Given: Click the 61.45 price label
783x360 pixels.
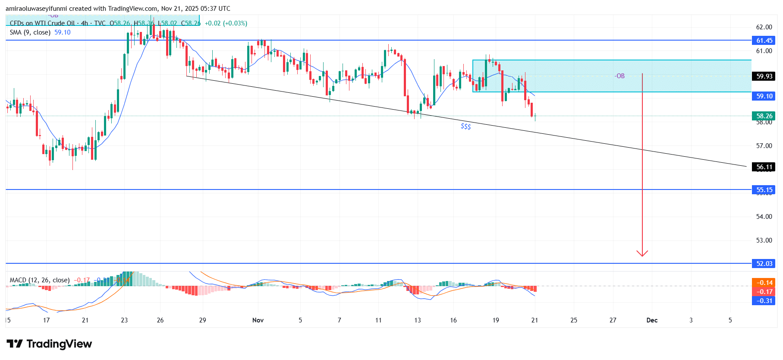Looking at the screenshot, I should click(x=764, y=41).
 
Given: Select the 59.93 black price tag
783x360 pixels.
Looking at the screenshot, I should click(x=764, y=76).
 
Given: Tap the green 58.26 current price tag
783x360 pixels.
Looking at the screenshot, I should click(x=764, y=116).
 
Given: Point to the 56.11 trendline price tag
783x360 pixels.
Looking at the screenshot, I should click(x=764, y=167).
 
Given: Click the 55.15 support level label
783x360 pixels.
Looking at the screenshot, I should click(x=764, y=190).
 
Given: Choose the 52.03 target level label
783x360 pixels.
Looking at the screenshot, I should click(x=764, y=264).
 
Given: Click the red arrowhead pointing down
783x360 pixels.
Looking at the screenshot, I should click(x=642, y=253).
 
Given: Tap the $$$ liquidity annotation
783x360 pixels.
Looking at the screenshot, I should click(x=465, y=126).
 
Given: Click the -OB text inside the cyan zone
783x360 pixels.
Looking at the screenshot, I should click(x=619, y=76).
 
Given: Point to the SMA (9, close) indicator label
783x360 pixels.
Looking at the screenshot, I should click(x=30, y=32).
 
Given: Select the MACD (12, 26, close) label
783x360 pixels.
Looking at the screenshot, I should click(x=40, y=280).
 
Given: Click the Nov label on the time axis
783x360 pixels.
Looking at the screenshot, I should click(x=258, y=320).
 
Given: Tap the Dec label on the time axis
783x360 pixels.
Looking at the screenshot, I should click(x=652, y=320).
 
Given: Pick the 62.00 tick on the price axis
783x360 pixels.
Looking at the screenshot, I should click(x=764, y=27).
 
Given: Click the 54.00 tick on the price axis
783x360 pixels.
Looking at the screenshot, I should click(x=764, y=217).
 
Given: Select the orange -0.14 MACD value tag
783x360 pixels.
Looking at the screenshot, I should click(x=764, y=283).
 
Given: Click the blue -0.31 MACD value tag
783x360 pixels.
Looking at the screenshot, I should click(x=764, y=301).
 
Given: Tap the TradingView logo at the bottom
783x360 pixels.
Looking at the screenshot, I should click(x=49, y=344).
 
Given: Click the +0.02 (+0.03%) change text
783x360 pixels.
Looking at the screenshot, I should click(x=226, y=23).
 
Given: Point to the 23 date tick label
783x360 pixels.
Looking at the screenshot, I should click(x=124, y=320).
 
